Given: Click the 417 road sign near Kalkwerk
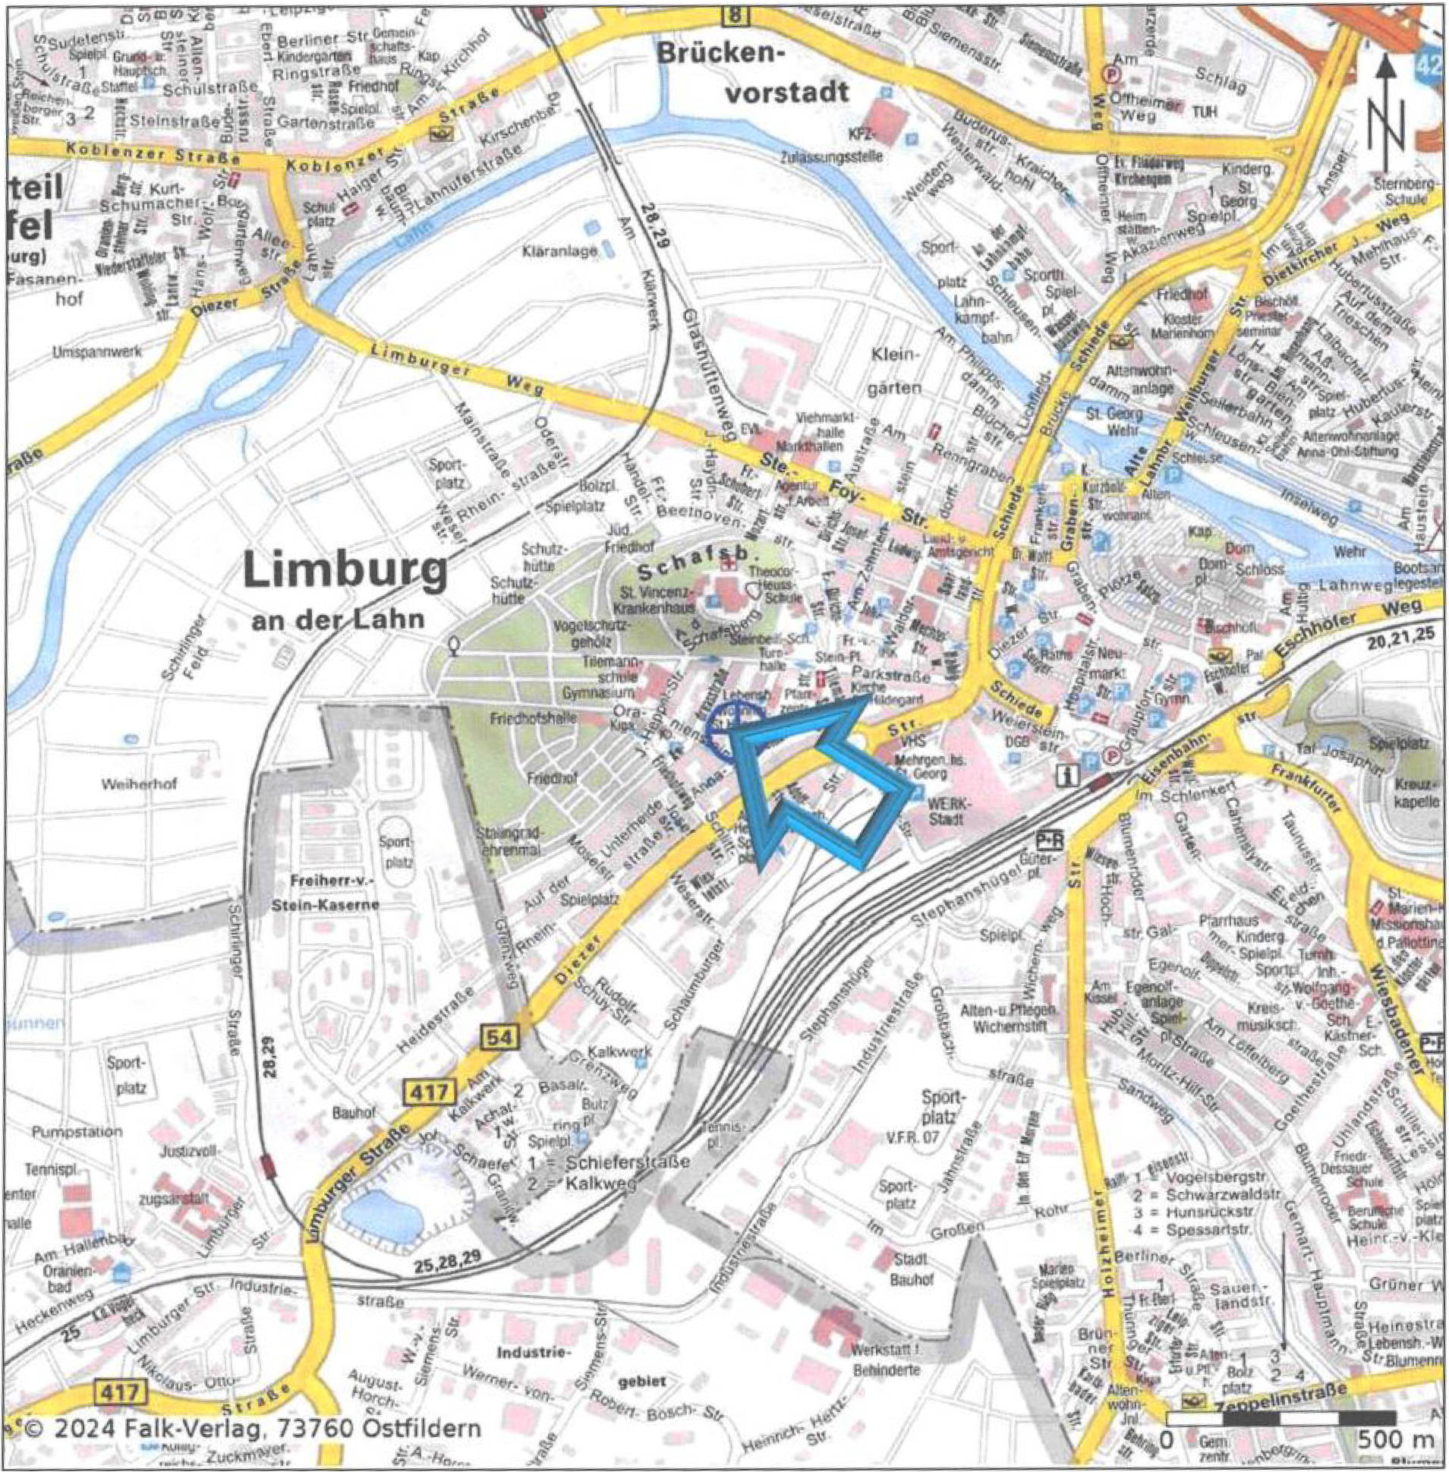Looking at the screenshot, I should pyautogui.click(x=431, y=1093).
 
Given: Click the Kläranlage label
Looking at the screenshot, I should pyautogui.click(x=559, y=251).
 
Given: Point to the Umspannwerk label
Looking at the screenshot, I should pyautogui.click(x=87, y=353).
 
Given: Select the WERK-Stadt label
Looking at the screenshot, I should pyautogui.click(x=946, y=812).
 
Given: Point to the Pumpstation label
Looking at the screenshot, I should pyautogui.click(x=76, y=1132).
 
